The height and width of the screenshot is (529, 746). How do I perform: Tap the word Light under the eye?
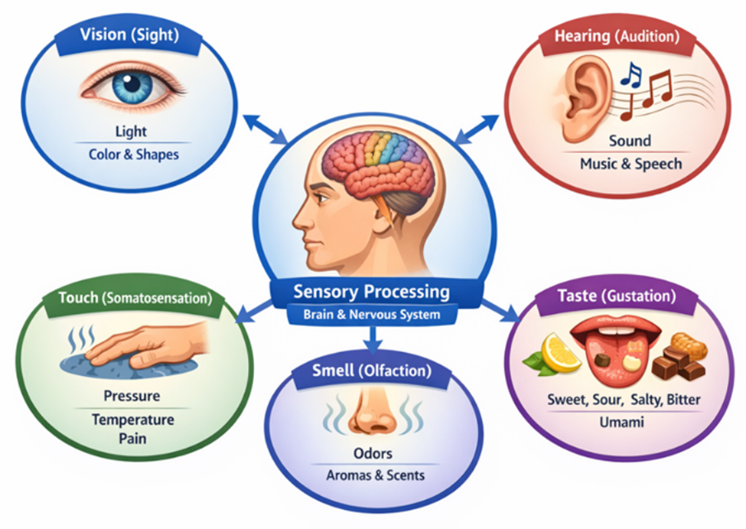point(130,131)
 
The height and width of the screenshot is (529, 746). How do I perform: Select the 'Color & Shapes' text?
point(134,154)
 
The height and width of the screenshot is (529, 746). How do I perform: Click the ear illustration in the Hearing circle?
point(588,100)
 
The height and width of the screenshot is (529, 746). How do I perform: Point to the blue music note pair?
point(631,74)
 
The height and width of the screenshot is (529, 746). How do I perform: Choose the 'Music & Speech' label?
point(630,163)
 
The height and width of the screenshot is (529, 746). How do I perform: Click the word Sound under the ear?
point(630,141)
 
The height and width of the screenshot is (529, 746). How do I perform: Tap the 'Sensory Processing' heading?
point(371,292)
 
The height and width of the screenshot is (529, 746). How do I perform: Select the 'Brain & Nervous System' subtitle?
point(371,314)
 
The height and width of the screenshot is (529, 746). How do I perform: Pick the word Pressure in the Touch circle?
point(132,397)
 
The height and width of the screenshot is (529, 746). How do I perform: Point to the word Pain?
point(132,439)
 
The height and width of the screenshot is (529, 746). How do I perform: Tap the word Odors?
point(373,454)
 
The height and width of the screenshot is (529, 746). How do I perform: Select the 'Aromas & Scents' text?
point(373,475)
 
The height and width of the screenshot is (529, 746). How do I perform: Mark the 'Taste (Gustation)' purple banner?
point(616,295)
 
